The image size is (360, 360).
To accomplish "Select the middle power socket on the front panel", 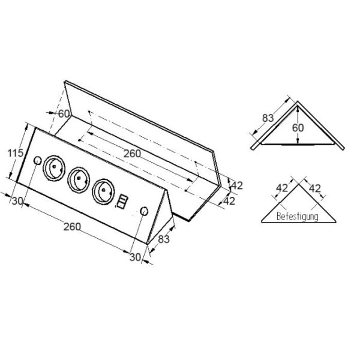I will pos(79,178).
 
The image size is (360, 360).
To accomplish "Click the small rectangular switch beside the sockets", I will pos(122,201).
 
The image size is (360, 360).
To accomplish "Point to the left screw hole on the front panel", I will pos(37,161).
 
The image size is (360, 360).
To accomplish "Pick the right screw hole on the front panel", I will pos(144,211).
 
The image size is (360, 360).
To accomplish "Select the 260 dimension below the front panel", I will pos(72,227).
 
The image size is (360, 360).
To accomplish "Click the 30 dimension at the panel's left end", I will pos(17,201).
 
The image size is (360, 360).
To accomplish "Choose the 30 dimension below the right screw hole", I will pos(135,257).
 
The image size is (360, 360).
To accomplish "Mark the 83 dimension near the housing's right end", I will pos(163,239).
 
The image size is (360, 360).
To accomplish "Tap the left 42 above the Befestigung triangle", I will pos(281,188).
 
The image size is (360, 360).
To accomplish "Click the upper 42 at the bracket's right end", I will pos(236,185).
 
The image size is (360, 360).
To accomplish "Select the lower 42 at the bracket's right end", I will pos(229,201).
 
